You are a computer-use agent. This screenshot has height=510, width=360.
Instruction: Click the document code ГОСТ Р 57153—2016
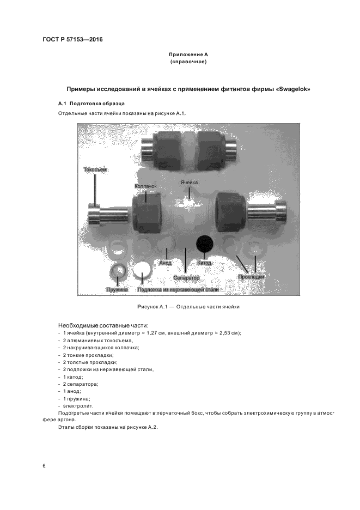click(72, 40)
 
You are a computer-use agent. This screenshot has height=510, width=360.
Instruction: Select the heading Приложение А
click(188, 55)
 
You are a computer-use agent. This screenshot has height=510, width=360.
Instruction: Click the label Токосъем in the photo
click(95, 170)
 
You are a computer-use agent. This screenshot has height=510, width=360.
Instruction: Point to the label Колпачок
click(145, 186)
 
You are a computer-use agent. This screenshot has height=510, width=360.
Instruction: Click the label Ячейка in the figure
click(189, 183)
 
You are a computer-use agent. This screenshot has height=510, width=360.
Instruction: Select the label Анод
click(165, 263)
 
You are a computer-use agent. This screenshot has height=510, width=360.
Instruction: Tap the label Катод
click(204, 263)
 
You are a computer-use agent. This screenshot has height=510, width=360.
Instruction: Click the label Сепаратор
click(186, 277)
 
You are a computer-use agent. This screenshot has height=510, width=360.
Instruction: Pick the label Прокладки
click(251, 277)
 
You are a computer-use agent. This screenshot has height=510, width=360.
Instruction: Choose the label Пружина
click(117, 290)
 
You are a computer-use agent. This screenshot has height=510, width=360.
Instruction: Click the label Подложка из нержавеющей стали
click(178, 290)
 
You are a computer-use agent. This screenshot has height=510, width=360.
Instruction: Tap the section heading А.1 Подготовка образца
click(91, 103)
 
